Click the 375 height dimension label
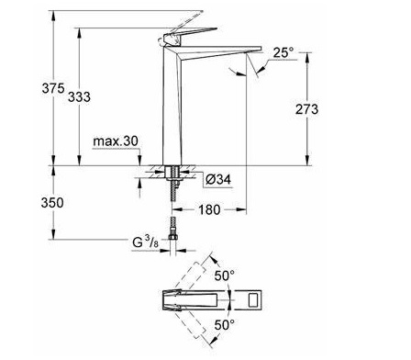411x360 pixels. click(53, 88)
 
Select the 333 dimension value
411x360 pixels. click(79, 97)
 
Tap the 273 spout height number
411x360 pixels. click(306, 109)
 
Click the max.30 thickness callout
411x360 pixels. click(116, 141)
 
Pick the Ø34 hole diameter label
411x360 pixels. click(218, 179)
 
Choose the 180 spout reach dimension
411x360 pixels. click(209, 209)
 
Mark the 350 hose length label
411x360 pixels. click(52, 203)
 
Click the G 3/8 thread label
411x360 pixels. click(146, 242)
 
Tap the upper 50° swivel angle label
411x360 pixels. click(225, 276)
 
